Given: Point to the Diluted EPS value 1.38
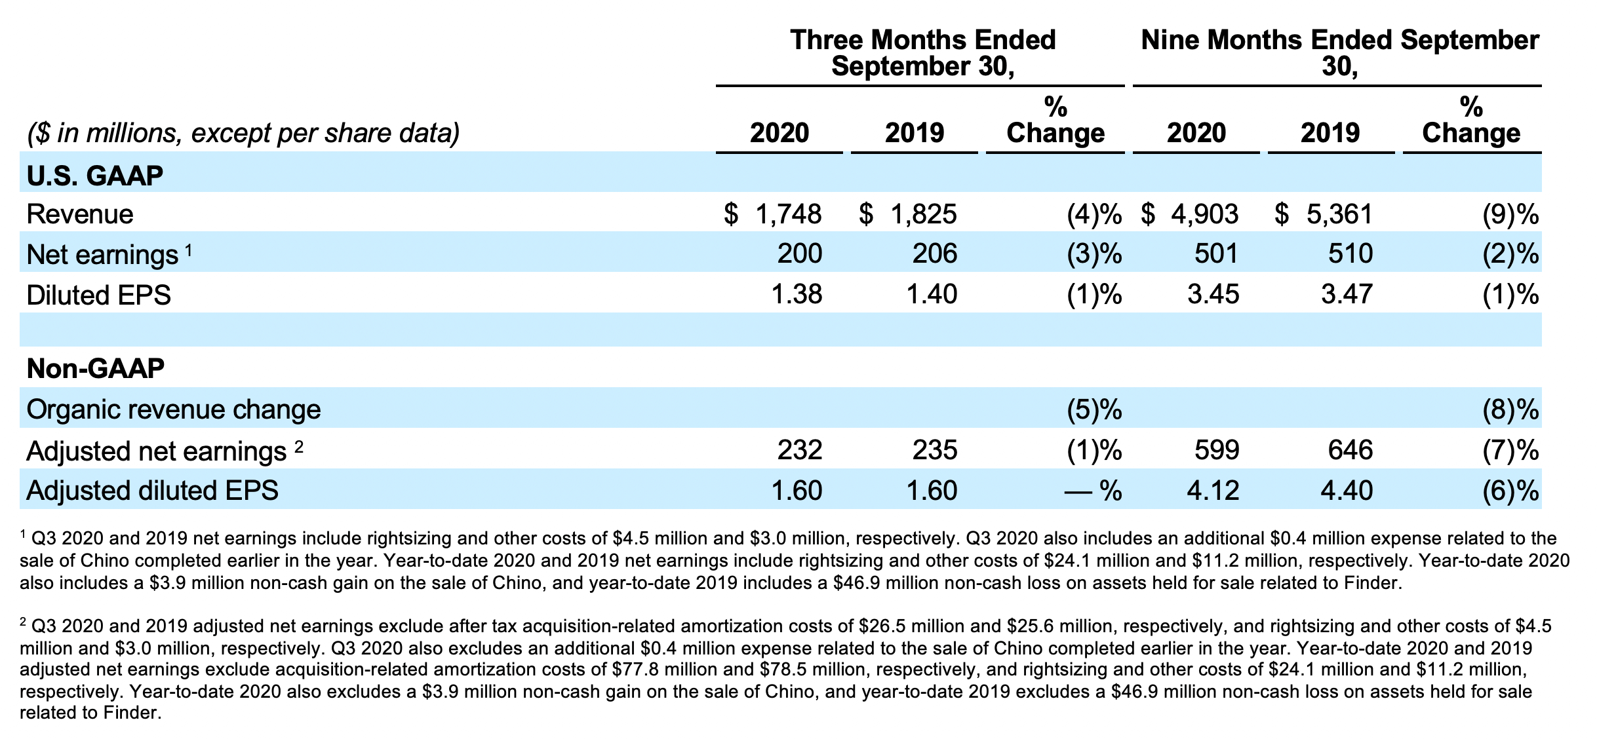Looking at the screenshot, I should [x=797, y=294].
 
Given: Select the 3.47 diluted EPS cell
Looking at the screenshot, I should [x=1347, y=294].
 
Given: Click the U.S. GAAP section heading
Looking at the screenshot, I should [x=94, y=176].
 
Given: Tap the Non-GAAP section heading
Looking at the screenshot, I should [x=95, y=369].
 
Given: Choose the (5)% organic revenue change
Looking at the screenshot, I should [x=1090, y=409].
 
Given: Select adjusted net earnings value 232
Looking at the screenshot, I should [x=799, y=450].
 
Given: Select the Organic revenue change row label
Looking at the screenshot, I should [x=174, y=409].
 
